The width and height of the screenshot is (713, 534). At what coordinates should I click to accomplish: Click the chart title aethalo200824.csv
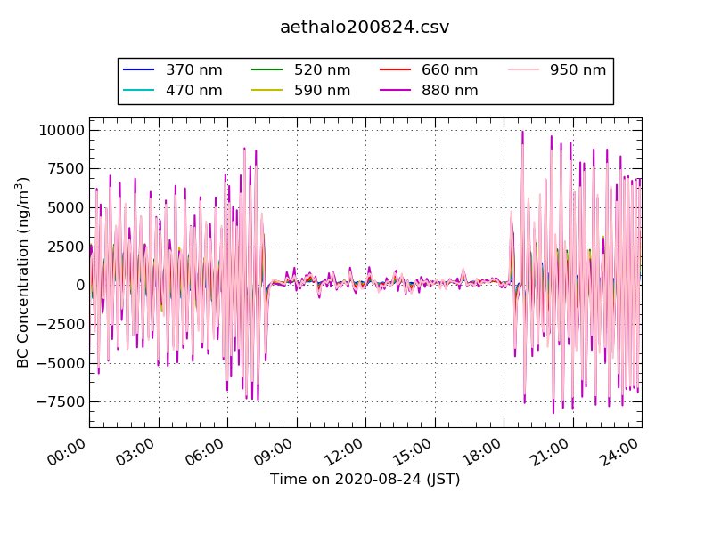coord(365,27)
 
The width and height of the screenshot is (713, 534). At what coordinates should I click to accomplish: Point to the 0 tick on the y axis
coord(80,286)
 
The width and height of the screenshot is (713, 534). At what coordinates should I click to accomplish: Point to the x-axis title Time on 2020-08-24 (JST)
coord(365,479)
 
